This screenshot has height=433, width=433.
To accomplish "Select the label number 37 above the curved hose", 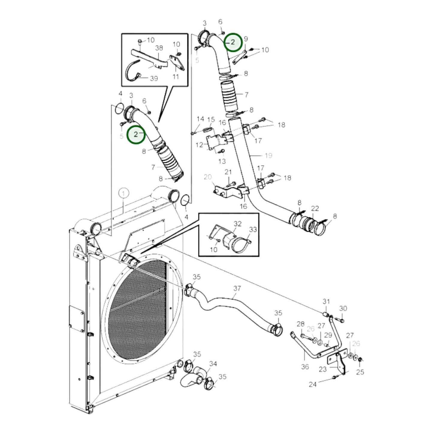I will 237,288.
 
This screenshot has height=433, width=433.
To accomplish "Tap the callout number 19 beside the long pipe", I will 268,155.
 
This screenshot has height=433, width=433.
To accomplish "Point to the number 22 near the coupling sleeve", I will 315,208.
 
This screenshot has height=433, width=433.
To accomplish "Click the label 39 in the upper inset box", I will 154,78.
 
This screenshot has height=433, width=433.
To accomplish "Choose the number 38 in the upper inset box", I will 159,48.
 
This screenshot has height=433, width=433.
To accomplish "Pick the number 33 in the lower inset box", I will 253,230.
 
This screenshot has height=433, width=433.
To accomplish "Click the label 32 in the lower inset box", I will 238,224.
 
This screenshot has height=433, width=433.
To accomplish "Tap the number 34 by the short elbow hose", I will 213,363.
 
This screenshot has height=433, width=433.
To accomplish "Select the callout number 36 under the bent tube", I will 305,366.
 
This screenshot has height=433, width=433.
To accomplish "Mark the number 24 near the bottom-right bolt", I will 313,384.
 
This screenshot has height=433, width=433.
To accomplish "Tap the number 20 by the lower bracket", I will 208,177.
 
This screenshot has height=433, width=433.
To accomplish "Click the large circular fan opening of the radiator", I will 141,309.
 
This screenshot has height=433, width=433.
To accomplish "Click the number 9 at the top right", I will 246,39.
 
